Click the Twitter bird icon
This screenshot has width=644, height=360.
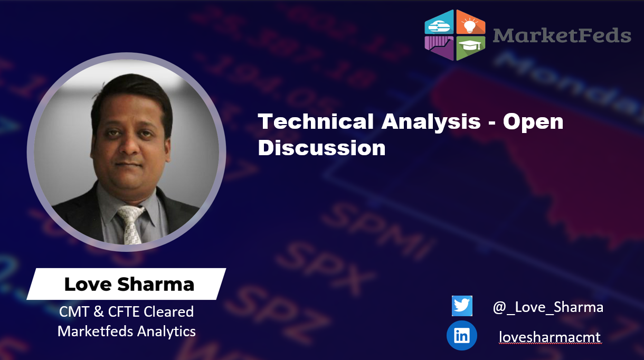(462, 306)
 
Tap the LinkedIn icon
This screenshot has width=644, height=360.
(461, 336)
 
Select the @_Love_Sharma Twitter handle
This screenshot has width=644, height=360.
(548, 307)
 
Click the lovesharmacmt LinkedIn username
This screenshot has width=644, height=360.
(550, 336)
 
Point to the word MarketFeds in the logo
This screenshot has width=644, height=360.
(562, 35)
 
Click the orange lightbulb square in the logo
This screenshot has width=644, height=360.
(470, 23)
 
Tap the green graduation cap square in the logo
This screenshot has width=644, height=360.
(470, 48)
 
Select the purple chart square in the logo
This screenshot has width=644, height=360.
(439, 48)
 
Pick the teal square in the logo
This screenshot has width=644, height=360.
(440, 23)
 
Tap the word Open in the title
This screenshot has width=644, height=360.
(533, 122)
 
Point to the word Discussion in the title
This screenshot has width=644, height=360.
(321, 148)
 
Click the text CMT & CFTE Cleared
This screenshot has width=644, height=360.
(126, 311)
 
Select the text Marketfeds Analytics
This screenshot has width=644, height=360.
(126, 331)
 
